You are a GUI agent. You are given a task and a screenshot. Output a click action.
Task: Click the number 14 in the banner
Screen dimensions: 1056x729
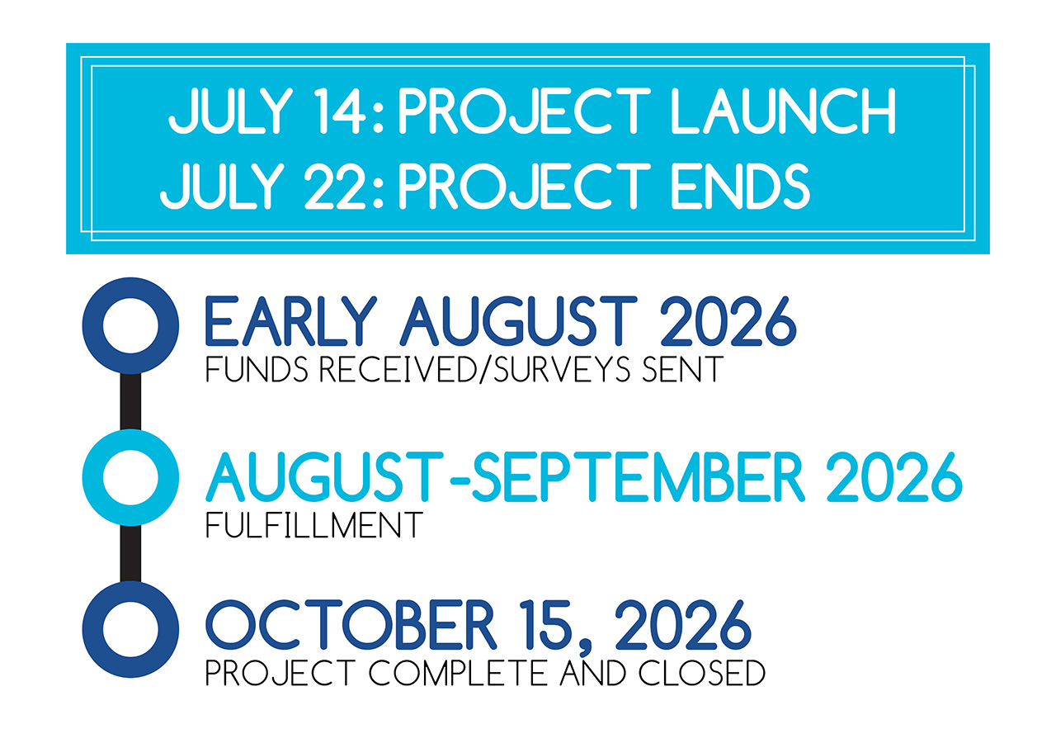pyautogui.click(x=339, y=111)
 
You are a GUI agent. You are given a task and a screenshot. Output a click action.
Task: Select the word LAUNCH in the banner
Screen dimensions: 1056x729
pyautogui.click(x=783, y=111)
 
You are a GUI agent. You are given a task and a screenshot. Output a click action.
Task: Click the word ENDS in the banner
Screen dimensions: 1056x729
pyautogui.click(x=740, y=186)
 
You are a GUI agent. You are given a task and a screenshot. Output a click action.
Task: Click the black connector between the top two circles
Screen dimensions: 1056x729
pyautogui.click(x=130, y=401)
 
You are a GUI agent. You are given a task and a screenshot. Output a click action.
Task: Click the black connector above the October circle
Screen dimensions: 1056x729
pyautogui.click(x=130, y=553)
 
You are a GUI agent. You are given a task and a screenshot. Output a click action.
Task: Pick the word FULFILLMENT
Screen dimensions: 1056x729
pyautogui.click(x=314, y=525)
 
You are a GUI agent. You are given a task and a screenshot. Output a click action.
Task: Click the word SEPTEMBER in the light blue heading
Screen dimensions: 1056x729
pyautogui.click(x=637, y=476)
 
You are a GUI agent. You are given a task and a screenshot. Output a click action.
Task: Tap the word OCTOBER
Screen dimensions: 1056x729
pyautogui.click(x=351, y=625)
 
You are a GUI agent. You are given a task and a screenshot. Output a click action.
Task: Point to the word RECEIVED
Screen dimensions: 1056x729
pyautogui.click(x=398, y=369)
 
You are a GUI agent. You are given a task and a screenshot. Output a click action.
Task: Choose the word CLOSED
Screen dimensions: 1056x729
pyautogui.click(x=702, y=672)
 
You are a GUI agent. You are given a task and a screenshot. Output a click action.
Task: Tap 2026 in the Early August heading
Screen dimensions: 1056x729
pyautogui.click(x=728, y=321)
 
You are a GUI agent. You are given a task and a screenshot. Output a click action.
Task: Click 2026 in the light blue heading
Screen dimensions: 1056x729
pyautogui.click(x=894, y=476)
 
